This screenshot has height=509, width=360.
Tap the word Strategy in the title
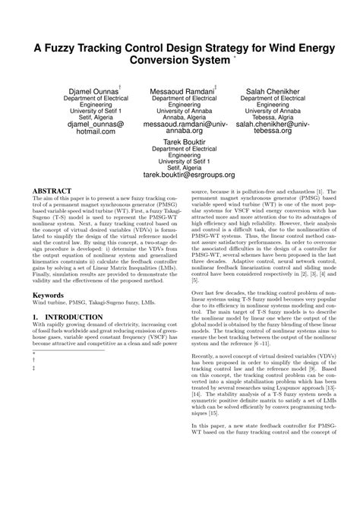tap(210, 47)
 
